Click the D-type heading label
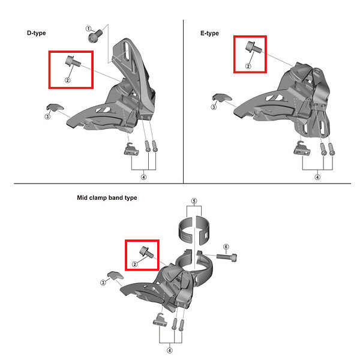(36, 33)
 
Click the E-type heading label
(209, 33)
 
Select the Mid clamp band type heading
(107, 197)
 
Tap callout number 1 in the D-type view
(88, 29)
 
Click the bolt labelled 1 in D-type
(95, 36)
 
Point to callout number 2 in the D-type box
(67, 80)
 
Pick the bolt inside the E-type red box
(253, 47)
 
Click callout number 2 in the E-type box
(248, 66)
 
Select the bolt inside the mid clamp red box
(147, 252)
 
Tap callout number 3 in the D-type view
(47, 116)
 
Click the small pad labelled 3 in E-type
(222, 98)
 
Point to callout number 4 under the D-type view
(144, 177)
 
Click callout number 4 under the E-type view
(317, 177)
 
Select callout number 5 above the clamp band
(194, 201)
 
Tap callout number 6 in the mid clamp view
(226, 247)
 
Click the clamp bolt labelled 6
(226, 257)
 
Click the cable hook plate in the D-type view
(131, 149)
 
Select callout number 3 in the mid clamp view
(103, 283)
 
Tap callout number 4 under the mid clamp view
(169, 350)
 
